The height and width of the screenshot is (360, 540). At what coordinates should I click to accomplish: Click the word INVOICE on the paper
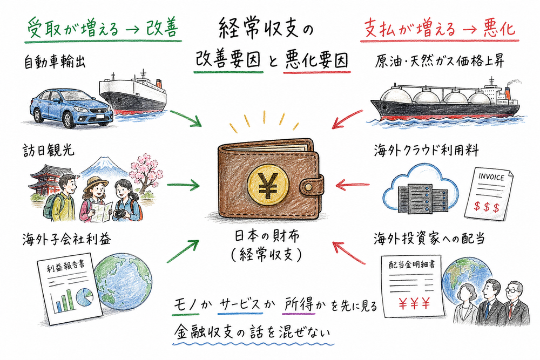tap(491, 178)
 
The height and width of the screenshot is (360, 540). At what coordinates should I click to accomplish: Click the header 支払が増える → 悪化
tap(437, 28)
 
